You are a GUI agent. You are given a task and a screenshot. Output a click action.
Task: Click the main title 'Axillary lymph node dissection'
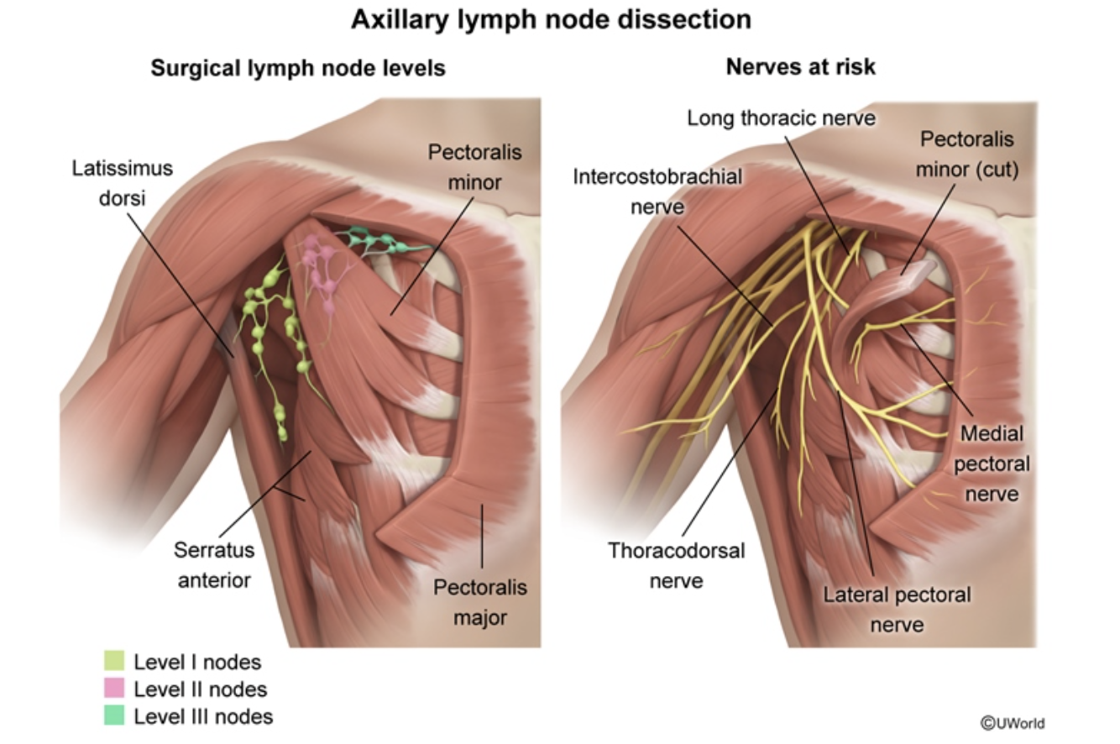[x=551, y=19]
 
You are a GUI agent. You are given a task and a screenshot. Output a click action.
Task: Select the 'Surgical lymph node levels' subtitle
[x=298, y=68]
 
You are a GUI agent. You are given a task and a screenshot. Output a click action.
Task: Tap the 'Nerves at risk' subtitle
[x=800, y=67]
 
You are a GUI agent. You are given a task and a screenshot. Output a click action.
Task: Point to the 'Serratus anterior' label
[x=213, y=564]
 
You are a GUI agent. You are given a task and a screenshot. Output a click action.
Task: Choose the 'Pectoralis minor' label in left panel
[x=474, y=166]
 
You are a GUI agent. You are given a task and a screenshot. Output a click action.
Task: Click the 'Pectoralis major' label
[x=480, y=602]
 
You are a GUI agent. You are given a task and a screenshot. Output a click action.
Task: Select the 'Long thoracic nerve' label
[x=781, y=118]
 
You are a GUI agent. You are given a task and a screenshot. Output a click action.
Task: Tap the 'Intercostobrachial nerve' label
[x=657, y=191]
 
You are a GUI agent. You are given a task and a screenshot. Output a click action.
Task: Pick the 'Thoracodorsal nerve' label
[x=676, y=564]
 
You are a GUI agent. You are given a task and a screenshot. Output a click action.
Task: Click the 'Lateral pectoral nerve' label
[x=897, y=609]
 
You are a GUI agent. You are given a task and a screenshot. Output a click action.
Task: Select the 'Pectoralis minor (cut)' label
[x=966, y=154]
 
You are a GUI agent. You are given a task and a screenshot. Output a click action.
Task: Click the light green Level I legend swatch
[x=114, y=662]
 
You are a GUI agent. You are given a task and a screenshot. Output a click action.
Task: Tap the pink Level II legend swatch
[x=114, y=689]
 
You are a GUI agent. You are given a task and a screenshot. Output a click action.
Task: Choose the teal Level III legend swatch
[x=114, y=715]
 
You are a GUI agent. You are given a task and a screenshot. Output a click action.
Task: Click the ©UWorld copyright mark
[x=1013, y=723]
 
